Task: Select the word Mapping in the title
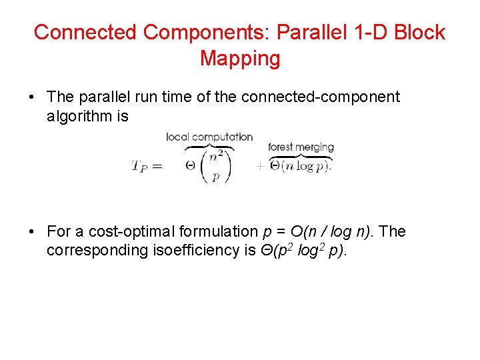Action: tap(240, 59)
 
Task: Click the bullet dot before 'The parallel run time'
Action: tap(32, 97)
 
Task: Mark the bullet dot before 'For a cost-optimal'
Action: tap(32, 232)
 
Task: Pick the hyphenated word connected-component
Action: tap(320, 97)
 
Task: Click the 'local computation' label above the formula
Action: tap(209, 137)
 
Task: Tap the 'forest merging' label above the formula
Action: tap(301, 147)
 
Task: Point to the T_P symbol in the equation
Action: tap(139, 166)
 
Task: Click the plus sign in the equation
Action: tap(259, 167)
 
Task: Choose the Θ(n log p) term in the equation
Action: tap(301, 166)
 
